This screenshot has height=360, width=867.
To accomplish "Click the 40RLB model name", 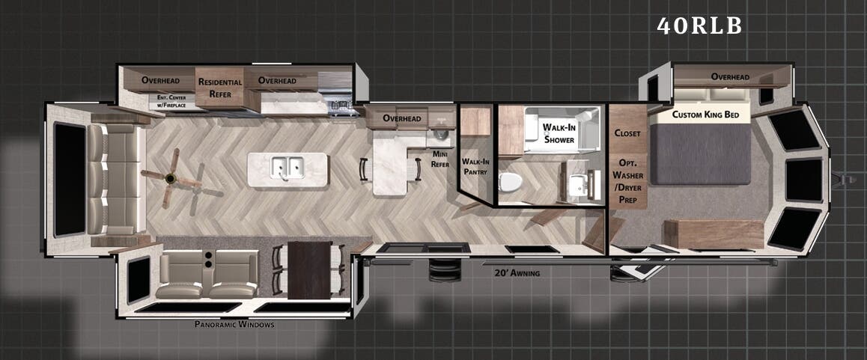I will point(699,25).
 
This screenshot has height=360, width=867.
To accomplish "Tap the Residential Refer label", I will point(220,88).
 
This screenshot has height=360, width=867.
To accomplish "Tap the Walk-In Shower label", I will point(560,133).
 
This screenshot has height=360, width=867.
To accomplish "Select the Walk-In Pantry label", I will point(475,166).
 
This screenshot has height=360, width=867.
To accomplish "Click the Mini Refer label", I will point(439,159).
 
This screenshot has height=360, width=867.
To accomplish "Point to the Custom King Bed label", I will point(706,115).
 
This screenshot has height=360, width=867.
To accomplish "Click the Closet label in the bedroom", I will point(627,133).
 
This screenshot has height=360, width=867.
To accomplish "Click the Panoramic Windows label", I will point(234,324).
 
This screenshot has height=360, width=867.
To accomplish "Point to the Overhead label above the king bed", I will point(730,76).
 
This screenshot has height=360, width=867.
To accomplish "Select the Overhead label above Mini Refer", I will point(402,118).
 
